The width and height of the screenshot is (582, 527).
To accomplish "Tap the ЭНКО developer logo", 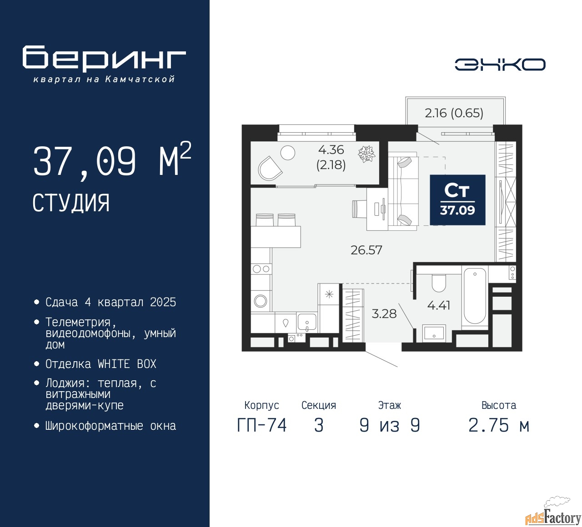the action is (500, 65).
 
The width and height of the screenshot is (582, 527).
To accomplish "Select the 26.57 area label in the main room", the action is (366, 250).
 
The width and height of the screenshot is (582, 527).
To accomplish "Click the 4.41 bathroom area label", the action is (439, 305).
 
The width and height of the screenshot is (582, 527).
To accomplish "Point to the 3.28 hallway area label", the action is (384, 313).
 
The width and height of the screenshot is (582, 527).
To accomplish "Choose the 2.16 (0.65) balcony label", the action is (454, 113).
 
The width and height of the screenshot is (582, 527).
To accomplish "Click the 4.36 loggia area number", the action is (331, 149).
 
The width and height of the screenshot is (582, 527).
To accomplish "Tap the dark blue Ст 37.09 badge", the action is (457, 200).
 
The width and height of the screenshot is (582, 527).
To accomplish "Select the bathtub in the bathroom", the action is (475, 296).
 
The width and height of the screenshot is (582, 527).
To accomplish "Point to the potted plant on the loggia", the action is (366, 154).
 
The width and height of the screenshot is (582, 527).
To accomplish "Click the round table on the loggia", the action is (288, 153).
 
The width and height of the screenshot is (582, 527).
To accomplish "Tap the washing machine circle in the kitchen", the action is (261, 301).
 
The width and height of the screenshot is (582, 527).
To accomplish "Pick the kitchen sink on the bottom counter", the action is (307, 323).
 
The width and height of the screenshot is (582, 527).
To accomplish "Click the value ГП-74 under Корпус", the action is (262, 426).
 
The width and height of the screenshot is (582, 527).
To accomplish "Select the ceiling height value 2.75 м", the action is (499, 426).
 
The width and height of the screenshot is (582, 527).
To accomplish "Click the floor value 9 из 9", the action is (390, 426).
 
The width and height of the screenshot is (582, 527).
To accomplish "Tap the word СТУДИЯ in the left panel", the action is (71, 203).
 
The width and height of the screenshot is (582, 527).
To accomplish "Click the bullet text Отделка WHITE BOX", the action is (100, 364).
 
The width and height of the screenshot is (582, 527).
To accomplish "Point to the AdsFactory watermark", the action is (553, 515).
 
